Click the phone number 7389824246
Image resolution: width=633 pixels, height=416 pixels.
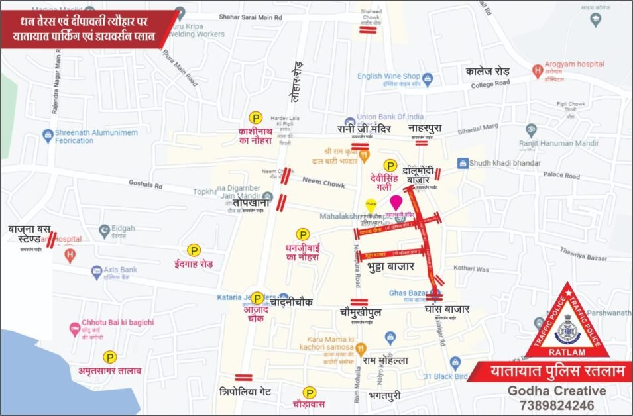(556, 405)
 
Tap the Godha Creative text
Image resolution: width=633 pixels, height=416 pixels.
(556, 391)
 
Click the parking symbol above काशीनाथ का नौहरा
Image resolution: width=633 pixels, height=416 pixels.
(255, 117)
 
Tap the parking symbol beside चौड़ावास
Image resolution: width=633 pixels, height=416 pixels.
(309, 393)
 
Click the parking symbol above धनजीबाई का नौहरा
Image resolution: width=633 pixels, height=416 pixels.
(302, 234)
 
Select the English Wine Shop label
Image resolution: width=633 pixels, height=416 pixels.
(389, 76)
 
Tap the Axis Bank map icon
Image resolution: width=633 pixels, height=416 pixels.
(97, 270)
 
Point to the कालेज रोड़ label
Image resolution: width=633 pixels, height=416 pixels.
(487, 70)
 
